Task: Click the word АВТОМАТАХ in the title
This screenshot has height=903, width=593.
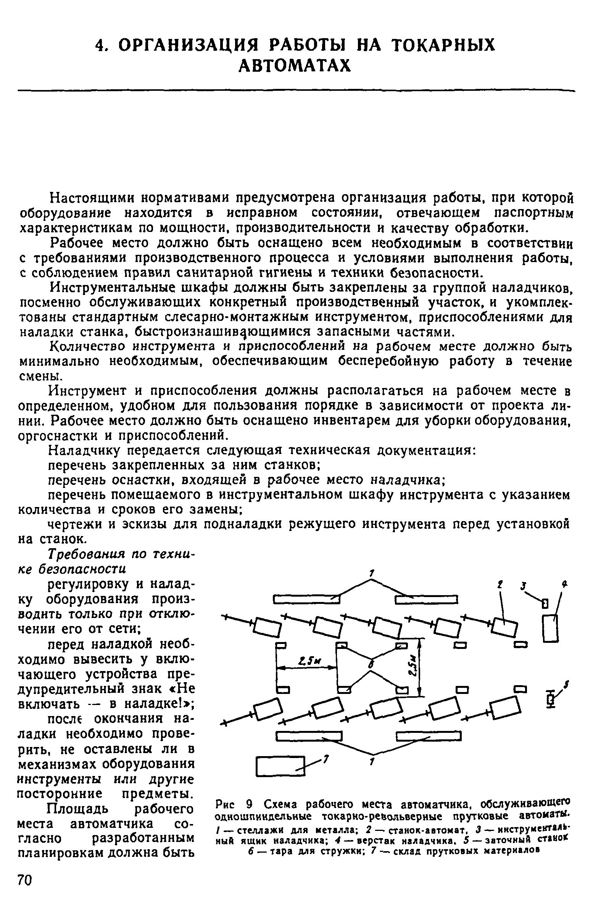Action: (x=294, y=66)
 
